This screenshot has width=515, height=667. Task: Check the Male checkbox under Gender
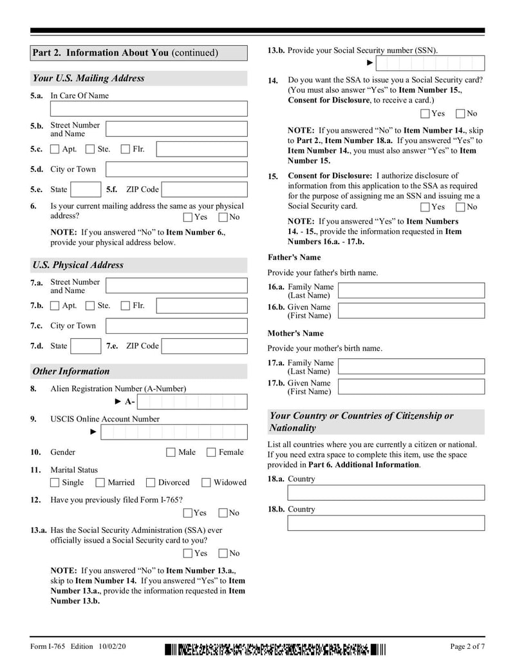point(171,452)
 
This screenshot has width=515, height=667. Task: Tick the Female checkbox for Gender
point(211,452)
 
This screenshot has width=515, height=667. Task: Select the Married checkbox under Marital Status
point(100,483)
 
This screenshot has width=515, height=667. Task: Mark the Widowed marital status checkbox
point(206,483)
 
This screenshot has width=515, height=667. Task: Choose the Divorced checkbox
point(151,483)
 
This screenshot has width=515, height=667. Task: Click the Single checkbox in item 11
point(55,483)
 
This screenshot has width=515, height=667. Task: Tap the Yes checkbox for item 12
point(187,513)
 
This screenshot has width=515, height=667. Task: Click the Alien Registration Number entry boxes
point(192,402)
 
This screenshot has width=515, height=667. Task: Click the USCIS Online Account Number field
point(174,432)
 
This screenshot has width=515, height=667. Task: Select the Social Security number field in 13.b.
point(429,63)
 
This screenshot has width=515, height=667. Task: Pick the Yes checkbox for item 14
point(424,114)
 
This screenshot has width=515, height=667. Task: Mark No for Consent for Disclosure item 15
point(460,207)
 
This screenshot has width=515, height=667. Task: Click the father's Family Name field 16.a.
point(411,291)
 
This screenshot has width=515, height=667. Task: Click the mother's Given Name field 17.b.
point(411,387)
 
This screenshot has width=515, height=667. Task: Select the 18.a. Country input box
point(386,493)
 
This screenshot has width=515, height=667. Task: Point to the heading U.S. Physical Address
point(78,265)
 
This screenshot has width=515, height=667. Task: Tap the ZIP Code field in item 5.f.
point(204,190)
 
